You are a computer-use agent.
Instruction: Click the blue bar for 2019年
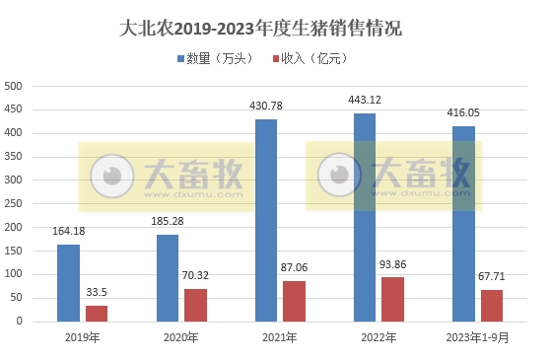68,282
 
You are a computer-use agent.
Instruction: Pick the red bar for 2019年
97,313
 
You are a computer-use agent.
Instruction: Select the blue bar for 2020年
168,277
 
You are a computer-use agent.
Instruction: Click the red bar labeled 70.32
195,304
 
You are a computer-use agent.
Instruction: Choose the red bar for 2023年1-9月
492,305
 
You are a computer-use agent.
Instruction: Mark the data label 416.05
465,112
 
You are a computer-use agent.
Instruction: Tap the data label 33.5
97,292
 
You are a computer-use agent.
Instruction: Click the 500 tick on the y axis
14,86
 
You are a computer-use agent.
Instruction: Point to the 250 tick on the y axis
14,203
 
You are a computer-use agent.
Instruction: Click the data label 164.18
70,231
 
